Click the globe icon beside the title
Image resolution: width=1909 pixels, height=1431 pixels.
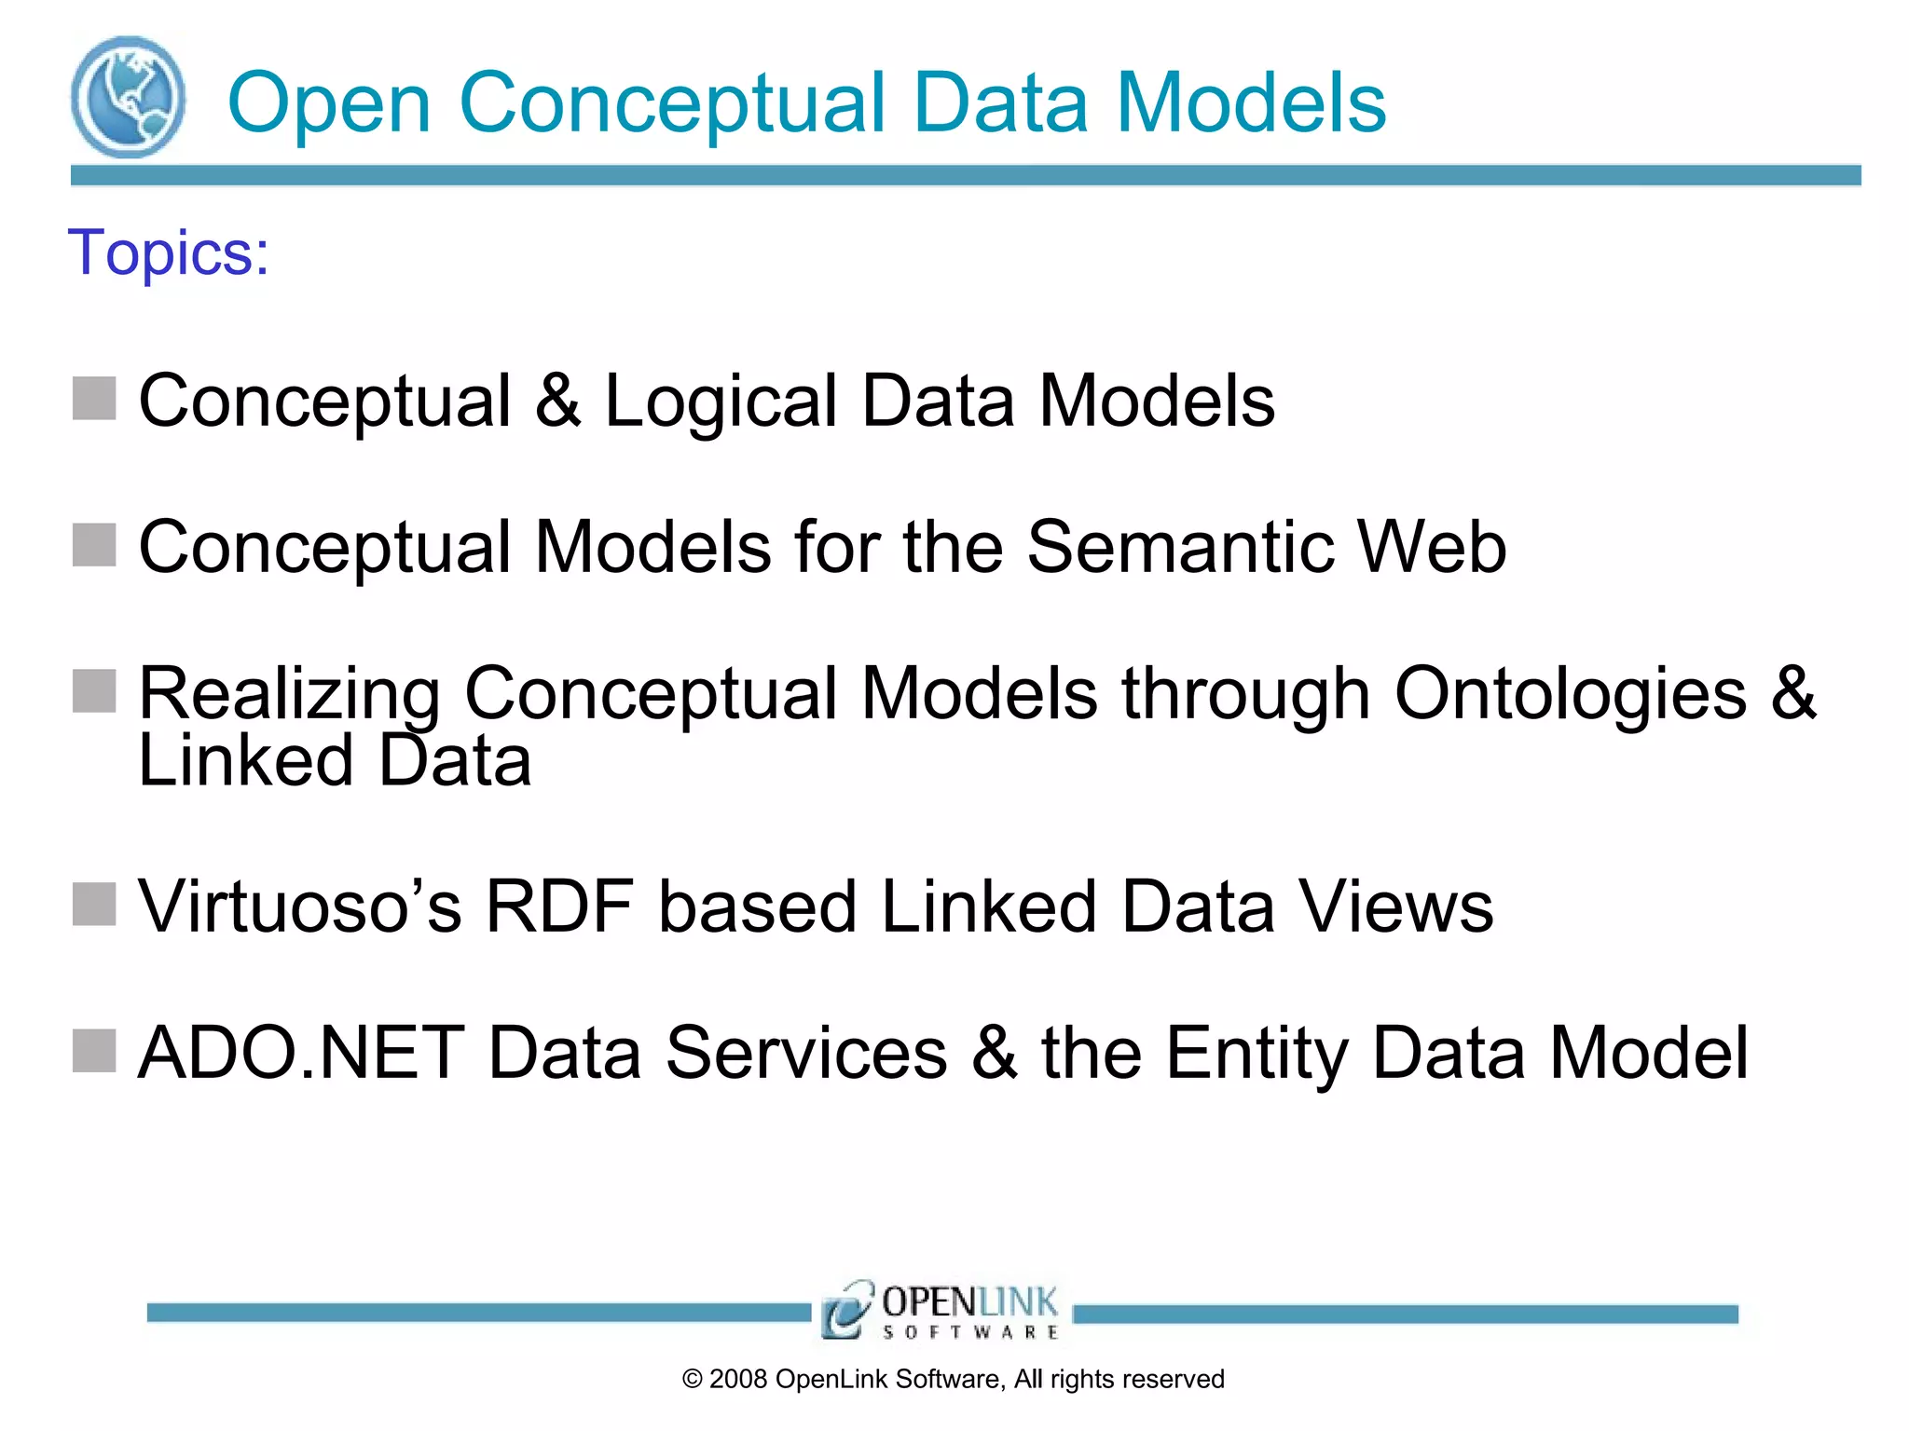128,97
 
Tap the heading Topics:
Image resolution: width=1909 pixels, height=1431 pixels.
169,252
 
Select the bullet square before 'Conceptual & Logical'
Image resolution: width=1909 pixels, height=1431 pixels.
94,399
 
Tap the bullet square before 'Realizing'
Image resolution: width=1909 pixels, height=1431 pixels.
94,691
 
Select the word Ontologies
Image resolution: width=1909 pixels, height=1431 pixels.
1570,695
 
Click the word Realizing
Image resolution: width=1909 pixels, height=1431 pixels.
289,695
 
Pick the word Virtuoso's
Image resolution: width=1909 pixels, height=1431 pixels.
299,906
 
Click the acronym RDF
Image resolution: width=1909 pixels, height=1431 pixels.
559,906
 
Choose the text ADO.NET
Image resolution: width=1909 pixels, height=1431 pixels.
300,1053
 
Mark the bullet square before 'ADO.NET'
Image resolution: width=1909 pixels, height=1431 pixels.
94,1051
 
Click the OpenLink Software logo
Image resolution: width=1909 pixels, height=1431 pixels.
941,1310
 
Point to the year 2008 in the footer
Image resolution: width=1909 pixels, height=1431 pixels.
738,1379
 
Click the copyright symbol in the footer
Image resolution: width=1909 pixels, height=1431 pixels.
692,1379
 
